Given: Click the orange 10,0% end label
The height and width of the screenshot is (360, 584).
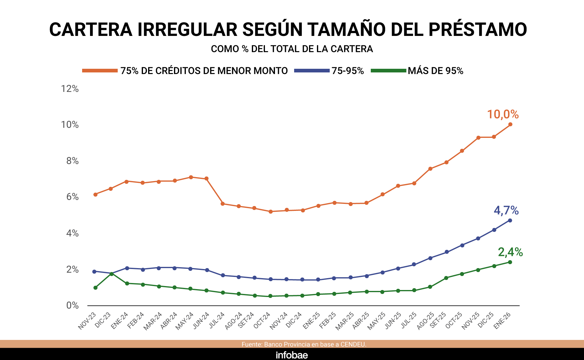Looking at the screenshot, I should [x=503, y=114].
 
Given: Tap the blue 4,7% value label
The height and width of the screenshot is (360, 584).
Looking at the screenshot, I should [x=506, y=210].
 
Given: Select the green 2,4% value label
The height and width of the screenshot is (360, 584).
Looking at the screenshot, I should [x=510, y=252].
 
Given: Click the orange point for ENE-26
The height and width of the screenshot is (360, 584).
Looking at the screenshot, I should [x=510, y=124].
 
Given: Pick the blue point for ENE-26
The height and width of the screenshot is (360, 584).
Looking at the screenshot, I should [x=510, y=220].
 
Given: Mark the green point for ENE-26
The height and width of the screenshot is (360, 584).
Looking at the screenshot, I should [x=510, y=262].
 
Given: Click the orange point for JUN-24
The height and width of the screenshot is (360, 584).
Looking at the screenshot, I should [x=207, y=179].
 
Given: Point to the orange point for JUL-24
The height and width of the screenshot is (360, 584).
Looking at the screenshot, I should [x=223, y=204].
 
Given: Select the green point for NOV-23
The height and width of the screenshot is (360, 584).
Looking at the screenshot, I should [x=96, y=288].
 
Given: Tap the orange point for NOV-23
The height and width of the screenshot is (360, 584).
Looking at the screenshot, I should [x=96, y=194].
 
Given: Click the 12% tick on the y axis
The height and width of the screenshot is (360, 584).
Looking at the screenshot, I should [x=70, y=89].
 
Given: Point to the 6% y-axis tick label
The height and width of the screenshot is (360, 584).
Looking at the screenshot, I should [x=72, y=197].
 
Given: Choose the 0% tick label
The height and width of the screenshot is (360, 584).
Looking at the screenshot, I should [x=72, y=306].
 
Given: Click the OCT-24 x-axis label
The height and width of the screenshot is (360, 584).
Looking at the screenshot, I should [x=262, y=320].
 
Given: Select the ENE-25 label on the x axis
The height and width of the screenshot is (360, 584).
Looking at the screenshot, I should [x=311, y=321].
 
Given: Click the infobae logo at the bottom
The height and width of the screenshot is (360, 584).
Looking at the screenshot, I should [x=292, y=355].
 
